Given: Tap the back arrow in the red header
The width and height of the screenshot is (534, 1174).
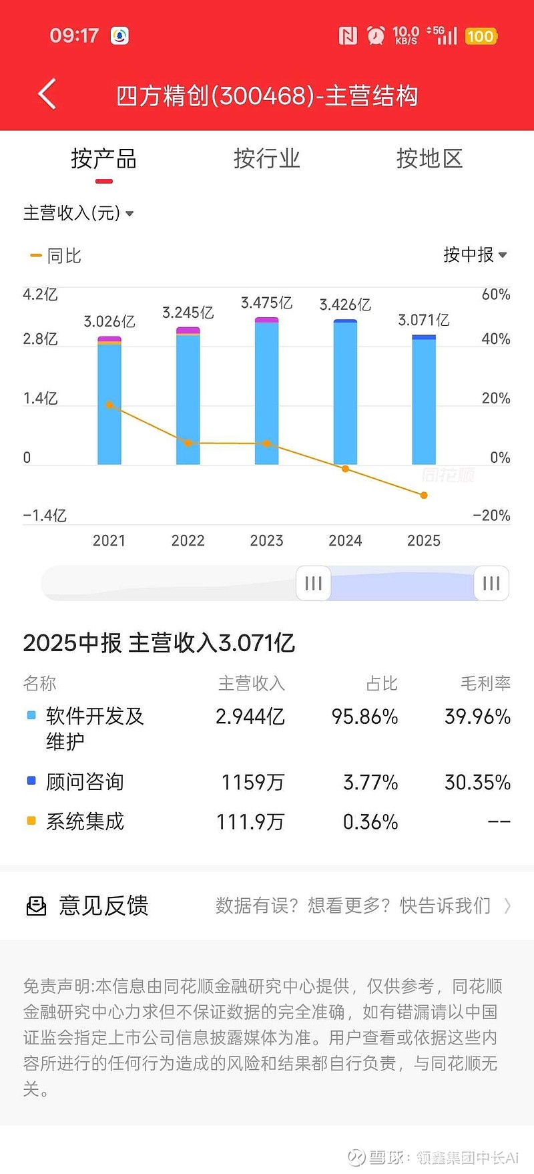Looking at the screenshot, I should (x=47, y=94).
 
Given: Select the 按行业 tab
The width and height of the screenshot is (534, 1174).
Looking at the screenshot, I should (x=266, y=159).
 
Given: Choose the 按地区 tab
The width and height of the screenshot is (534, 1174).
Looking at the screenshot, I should (x=429, y=159).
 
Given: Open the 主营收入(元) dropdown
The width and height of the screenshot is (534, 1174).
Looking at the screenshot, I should (x=78, y=213).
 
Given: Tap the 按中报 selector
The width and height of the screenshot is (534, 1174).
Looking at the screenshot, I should (x=475, y=254).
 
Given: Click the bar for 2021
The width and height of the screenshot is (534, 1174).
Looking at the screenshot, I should (x=109, y=401).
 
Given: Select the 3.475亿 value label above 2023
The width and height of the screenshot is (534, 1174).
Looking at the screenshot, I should (x=266, y=303).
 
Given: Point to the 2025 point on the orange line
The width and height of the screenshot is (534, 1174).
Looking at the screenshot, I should (x=424, y=495).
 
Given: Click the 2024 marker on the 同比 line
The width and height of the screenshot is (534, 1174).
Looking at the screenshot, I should (x=345, y=469).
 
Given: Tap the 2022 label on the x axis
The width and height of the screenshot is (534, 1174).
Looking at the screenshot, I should (x=188, y=540).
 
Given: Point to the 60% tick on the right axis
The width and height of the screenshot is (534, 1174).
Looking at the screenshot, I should (x=496, y=295).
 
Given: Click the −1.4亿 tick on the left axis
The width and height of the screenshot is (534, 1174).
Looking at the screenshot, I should (x=45, y=516).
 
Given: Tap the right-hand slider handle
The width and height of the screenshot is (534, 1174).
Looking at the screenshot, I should (x=491, y=583).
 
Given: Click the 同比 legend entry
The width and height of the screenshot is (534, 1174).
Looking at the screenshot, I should (x=56, y=256).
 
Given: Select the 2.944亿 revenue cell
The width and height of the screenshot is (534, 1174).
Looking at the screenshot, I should (x=250, y=717).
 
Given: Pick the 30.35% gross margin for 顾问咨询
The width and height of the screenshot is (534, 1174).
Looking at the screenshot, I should (x=477, y=782).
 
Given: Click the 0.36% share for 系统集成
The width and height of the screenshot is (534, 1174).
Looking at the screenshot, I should (x=370, y=821).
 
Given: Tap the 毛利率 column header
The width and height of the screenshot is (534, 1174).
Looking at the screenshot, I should (x=485, y=683).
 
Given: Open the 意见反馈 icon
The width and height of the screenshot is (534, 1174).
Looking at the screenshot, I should (x=36, y=906).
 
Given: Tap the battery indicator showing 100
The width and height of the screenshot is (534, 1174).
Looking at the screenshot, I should (x=481, y=36).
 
